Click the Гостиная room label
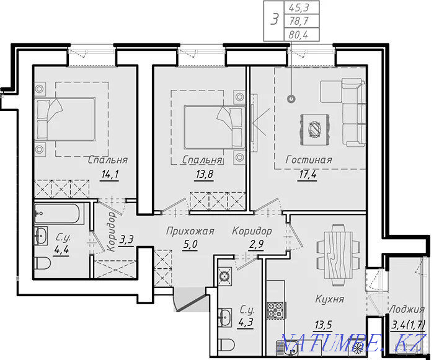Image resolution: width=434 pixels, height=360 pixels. click(x=309, y=160)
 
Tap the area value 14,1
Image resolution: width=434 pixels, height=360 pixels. click(x=110, y=175)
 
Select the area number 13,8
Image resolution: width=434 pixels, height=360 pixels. click(x=204, y=175)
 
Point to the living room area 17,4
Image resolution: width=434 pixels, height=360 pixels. click(x=308, y=175)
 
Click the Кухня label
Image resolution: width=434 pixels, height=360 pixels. click(x=330, y=299)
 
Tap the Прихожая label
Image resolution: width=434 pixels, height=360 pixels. click(x=190, y=230)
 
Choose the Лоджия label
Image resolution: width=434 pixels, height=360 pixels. click(x=407, y=309)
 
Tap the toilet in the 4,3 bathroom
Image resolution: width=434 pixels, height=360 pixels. click(x=226, y=344)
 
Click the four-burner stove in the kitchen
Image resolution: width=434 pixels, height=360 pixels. click(x=275, y=310)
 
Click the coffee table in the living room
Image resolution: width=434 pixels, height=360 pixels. click(x=315, y=130)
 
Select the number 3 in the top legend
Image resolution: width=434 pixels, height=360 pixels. click(x=274, y=20)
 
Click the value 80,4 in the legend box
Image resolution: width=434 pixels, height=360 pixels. click(x=298, y=35)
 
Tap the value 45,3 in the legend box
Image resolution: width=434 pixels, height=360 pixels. click(x=299, y=7)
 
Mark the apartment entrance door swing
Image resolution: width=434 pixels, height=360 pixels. click(x=190, y=301)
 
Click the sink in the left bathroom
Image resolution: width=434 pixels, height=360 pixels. click(x=41, y=235)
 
